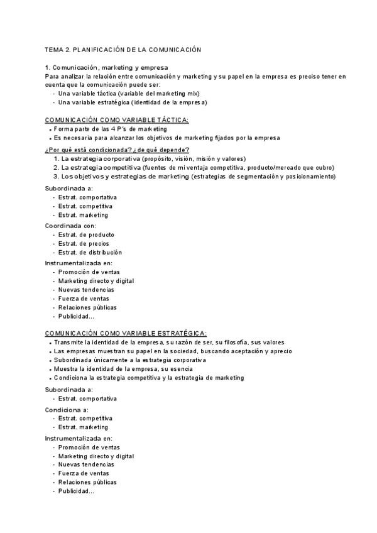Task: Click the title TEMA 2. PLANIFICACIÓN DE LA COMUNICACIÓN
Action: pyautogui.click(x=123, y=49)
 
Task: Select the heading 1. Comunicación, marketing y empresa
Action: pyautogui.click(x=106, y=67)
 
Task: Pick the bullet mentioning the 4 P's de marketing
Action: pyautogui.click(x=111, y=129)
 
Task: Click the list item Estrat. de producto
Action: pyautogui.click(x=87, y=234)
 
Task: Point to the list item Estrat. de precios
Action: pyautogui.click(x=84, y=243)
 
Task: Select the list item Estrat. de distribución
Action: pyautogui.click(x=90, y=252)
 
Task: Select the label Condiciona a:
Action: pyautogui.click(x=67, y=409)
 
